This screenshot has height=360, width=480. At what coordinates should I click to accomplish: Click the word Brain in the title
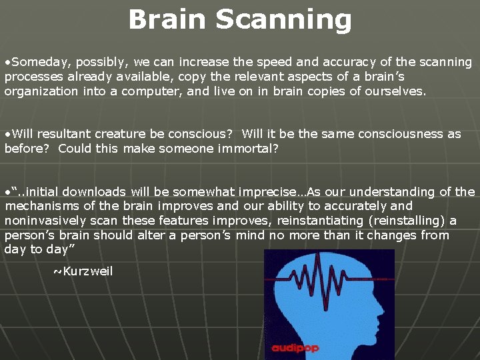coord(167,19)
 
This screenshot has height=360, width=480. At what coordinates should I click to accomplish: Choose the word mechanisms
coord(43,206)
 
